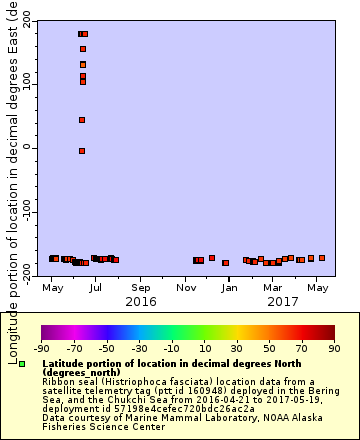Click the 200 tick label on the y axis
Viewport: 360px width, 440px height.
pos(23,21)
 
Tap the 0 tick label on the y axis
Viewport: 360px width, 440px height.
pos(29,148)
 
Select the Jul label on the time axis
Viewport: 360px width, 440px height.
pos(95,288)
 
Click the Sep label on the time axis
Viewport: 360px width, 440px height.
pos(140,288)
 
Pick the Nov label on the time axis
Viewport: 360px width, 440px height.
pos(186,288)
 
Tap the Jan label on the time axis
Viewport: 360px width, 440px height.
pos(230,288)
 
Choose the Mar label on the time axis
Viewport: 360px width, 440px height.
pos(273,288)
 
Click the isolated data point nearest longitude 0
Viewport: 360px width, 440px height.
pos(82,151)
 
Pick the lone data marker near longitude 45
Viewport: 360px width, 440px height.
pos(82,120)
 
